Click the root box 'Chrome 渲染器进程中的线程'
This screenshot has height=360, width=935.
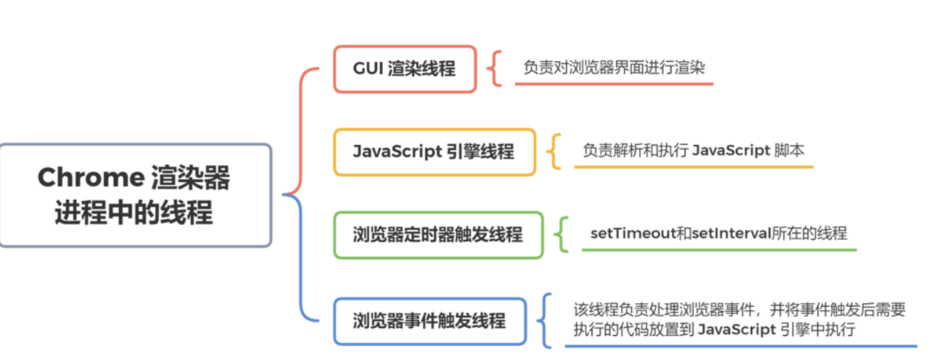pyautogui.click(x=135, y=195)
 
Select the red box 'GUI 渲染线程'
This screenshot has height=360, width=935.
pyautogui.click(x=404, y=69)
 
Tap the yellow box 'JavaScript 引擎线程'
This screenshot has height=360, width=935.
pyautogui.click(x=433, y=152)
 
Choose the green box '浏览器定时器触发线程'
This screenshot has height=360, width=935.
pyautogui.click(x=438, y=235)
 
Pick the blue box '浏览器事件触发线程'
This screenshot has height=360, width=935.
pyautogui.click(x=429, y=321)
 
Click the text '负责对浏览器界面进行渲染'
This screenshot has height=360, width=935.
pyautogui.click(x=613, y=68)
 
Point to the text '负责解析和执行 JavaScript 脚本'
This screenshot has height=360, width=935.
pyautogui.click(x=693, y=150)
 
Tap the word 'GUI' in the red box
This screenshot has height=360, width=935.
pyautogui.click(x=367, y=69)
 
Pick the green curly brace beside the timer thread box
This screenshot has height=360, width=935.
pyautogui.click(x=562, y=234)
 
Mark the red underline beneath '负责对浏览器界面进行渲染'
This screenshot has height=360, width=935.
pyautogui.click(x=613, y=84)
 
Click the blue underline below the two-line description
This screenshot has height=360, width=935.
pyautogui.click(x=740, y=346)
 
